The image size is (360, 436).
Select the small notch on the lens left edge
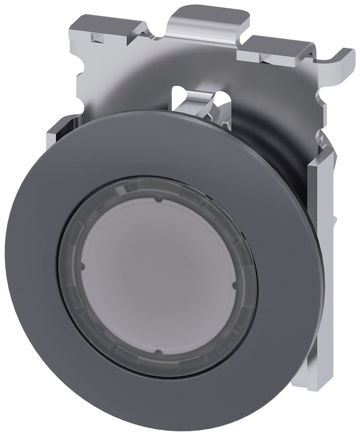[82, 266]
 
